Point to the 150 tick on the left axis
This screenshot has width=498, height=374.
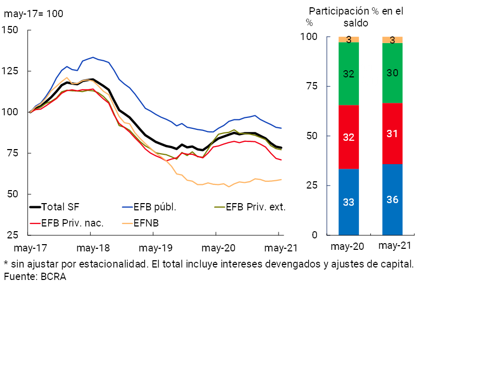(10, 30)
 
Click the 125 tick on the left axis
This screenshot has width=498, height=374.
(10, 71)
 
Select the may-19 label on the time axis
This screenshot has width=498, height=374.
(155, 248)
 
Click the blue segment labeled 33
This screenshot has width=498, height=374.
(349, 202)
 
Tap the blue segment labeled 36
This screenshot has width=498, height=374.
(392, 199)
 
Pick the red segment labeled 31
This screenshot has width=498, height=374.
(392, 133)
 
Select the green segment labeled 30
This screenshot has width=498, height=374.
(392, 73)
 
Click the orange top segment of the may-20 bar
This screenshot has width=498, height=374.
(349, 39)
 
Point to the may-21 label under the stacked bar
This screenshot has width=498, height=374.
(393, 245)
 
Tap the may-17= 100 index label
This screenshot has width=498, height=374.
(34, 14)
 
